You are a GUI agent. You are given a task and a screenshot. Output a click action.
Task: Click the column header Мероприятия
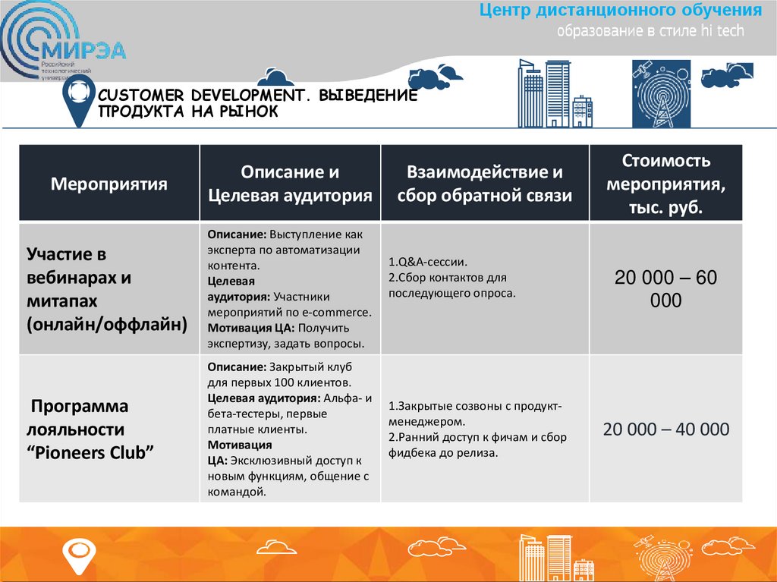point(109,184)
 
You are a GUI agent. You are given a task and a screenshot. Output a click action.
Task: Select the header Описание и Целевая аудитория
point(291,184)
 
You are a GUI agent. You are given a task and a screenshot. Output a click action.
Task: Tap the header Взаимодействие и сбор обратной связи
point(484,184)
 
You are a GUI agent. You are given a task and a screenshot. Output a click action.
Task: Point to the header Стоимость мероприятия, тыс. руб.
point(666,184)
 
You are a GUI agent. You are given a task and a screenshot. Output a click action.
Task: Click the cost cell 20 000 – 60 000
point(665,289)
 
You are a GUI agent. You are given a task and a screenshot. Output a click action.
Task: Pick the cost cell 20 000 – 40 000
point(665,429)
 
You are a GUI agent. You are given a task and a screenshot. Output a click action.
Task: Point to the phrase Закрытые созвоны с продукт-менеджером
point(473,413)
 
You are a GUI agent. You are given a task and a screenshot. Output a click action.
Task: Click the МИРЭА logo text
point(85,51)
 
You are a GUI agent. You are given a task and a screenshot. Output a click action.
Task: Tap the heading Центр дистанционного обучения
point(621,11)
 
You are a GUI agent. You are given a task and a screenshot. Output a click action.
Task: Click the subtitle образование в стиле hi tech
point(650,31)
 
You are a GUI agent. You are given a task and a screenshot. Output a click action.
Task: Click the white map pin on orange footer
point(77,555)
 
